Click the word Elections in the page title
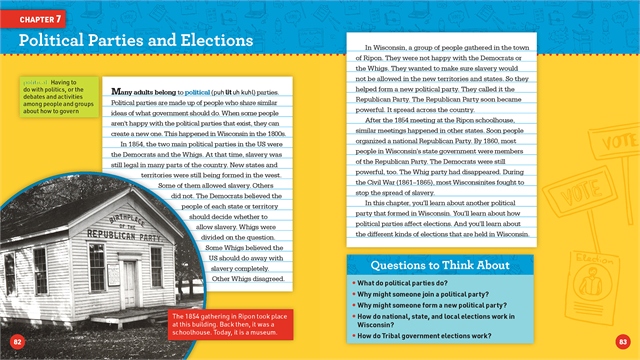213,40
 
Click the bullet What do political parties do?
404,284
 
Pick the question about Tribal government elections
421,337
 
